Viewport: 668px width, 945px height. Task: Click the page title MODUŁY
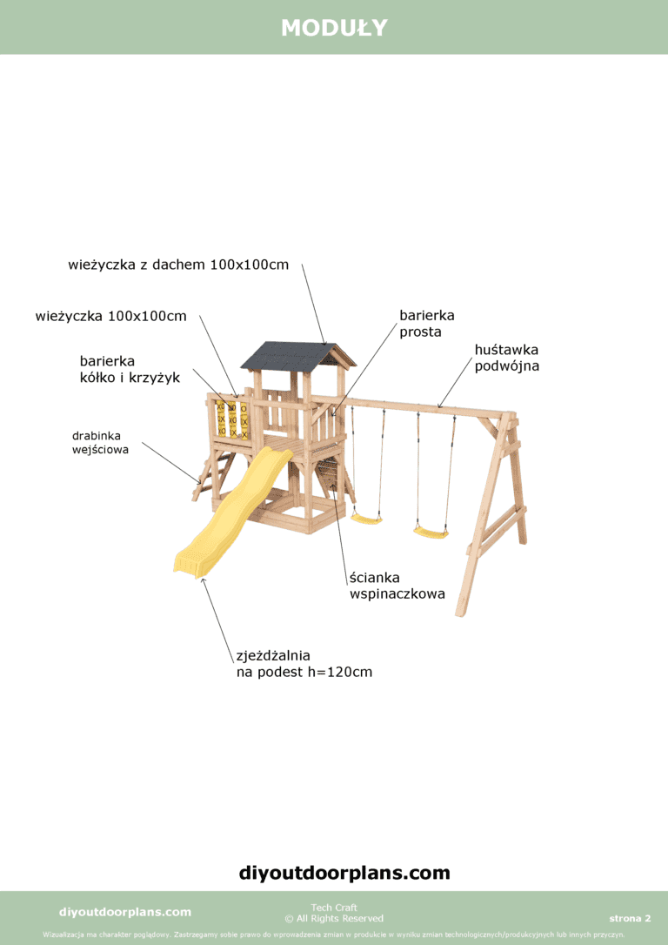click(334, 28)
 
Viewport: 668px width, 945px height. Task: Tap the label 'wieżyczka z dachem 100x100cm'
click(178, 265)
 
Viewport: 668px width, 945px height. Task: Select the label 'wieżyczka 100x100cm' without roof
click(110, 316)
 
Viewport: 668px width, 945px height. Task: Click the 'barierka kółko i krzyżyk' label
click(130, 369)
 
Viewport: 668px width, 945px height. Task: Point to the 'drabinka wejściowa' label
click(100, 441)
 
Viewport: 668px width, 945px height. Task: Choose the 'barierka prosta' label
click(426, 323)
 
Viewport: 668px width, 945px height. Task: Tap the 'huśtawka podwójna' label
click(506, 358)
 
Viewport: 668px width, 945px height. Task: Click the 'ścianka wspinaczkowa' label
click(397, 586)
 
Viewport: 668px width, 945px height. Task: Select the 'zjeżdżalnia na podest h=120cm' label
click(304, 663)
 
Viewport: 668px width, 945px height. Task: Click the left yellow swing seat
click(366, 519)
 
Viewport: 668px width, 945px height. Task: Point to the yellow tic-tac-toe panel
click(232, 419)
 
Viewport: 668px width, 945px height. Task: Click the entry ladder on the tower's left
click(210, 476)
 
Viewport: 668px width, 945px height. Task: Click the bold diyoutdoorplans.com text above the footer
click(344, 872)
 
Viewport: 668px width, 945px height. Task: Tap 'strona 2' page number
click(630, 918)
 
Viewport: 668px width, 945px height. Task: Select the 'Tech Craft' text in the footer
click(334, 908)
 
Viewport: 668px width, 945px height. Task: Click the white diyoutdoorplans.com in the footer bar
click(124, 912)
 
